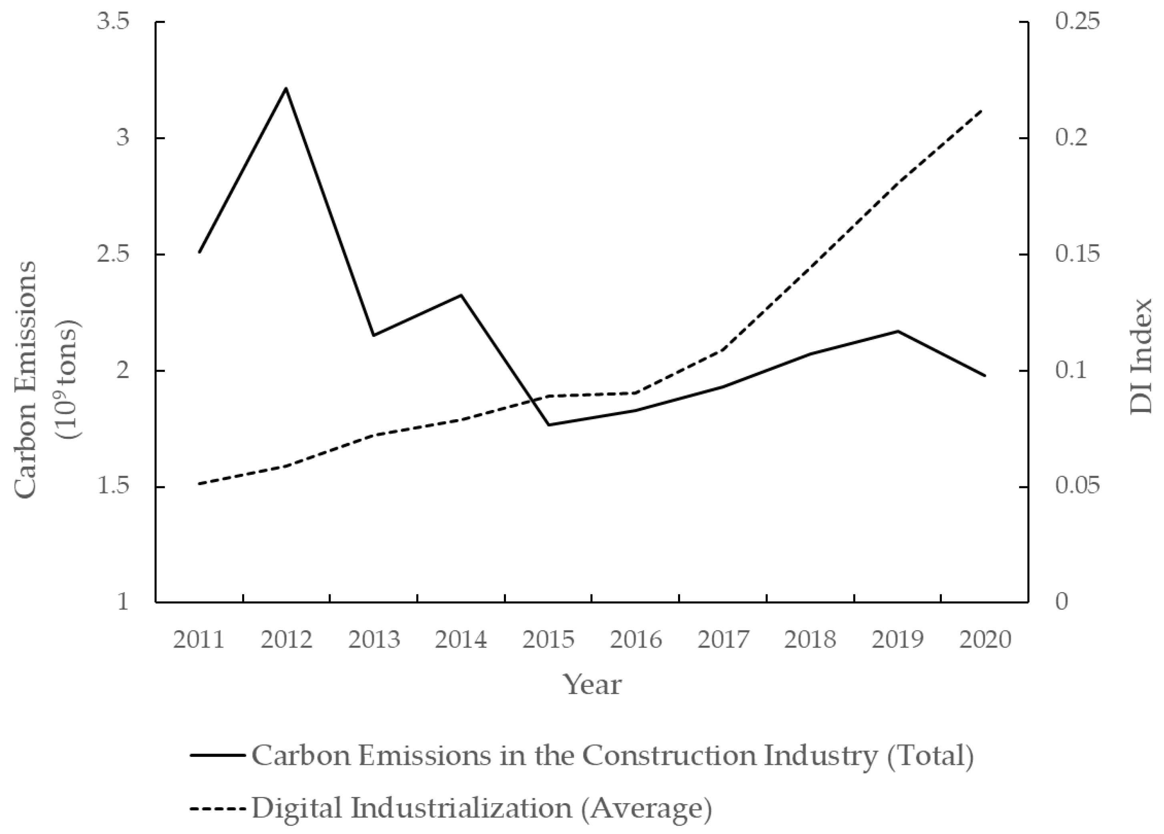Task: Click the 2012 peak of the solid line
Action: coord(286,88)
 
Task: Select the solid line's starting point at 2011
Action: coord(199,252)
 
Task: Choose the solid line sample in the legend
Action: coord(217,755)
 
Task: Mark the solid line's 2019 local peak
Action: coord(898,331)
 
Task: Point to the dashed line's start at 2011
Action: coord(199,484)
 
